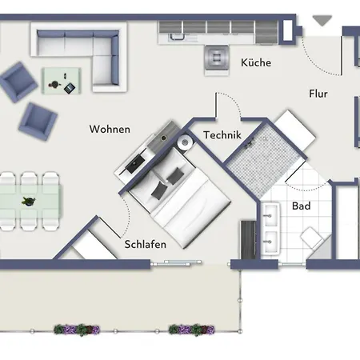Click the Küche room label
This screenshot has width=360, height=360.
pos(256,62)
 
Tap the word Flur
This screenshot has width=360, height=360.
pos(318,94)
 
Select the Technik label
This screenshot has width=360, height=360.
pos(222,135)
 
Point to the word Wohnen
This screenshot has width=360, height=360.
pos(110,129)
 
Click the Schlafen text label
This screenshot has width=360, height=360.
pos(146,244)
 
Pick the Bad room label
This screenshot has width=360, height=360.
pos(302,206)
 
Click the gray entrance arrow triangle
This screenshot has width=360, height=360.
pos(322,21)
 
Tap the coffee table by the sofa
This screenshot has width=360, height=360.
pos(61,81)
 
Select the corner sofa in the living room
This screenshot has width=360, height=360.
pos(78,57)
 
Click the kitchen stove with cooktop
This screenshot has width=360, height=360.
pos(217,60)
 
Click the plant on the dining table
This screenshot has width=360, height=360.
pos(29,201)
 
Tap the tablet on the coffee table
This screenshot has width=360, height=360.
pos(70,88)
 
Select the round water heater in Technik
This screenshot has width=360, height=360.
pos(185,142)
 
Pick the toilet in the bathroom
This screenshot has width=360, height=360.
pos(311,237)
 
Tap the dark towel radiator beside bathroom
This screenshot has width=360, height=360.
pos(248,239)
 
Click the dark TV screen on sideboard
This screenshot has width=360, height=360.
pos(135,163)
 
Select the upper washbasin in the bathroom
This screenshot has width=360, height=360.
pos(270,215)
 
